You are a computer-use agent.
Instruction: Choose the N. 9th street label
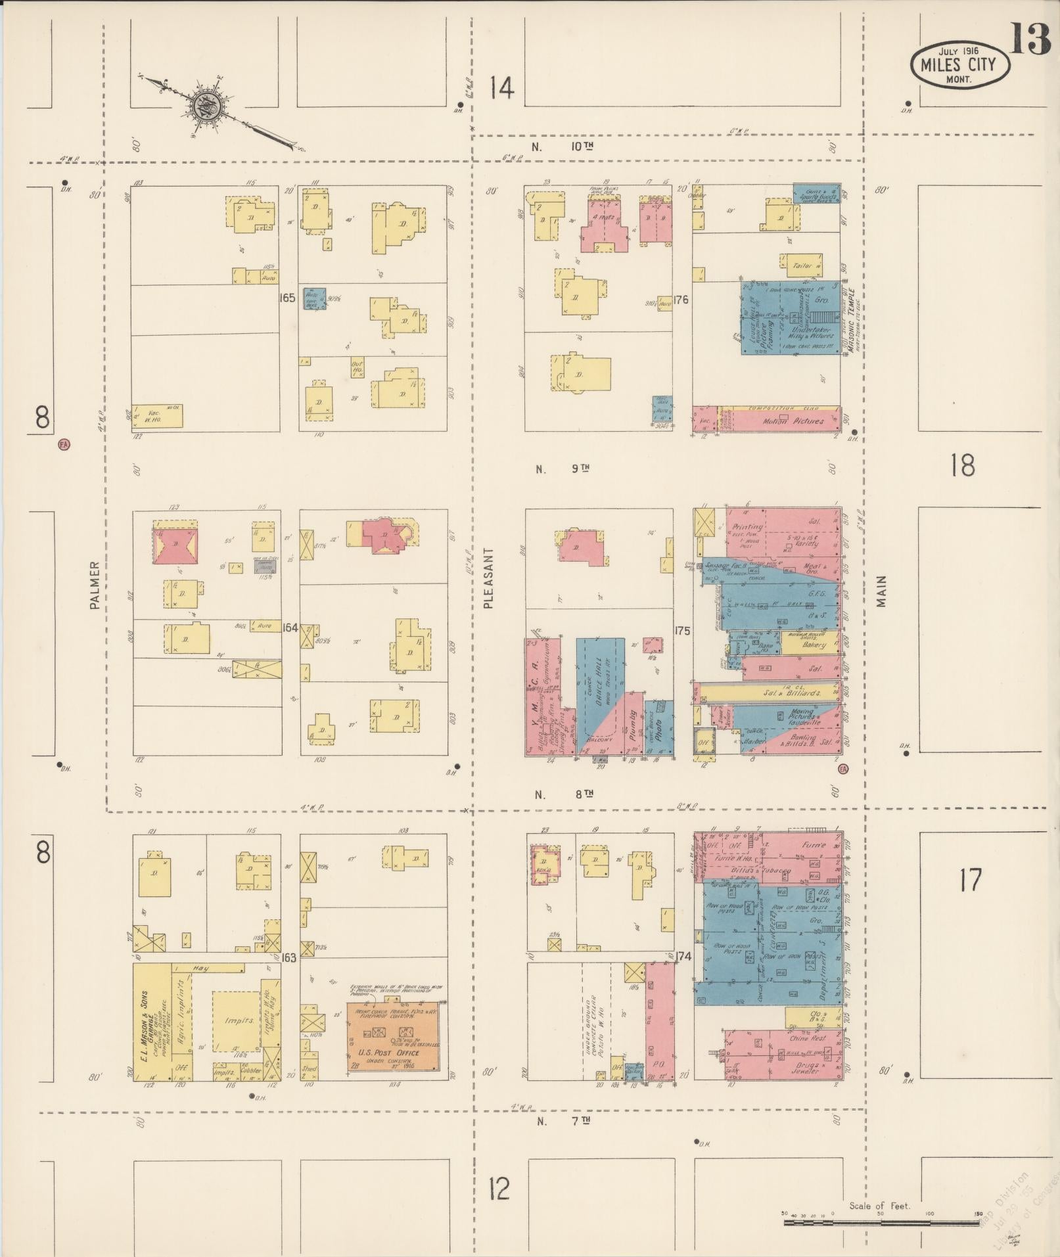coord(563,469)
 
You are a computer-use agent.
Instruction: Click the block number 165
coord(287,298)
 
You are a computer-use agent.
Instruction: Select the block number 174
coord(683,957)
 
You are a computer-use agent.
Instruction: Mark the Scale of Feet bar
coord(881,1222)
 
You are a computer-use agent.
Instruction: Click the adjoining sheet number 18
coord(962,465)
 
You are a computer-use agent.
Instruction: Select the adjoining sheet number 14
coord(501,88)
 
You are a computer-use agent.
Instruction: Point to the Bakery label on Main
coord(813,645)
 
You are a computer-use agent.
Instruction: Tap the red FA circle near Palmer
coord(64,445)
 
